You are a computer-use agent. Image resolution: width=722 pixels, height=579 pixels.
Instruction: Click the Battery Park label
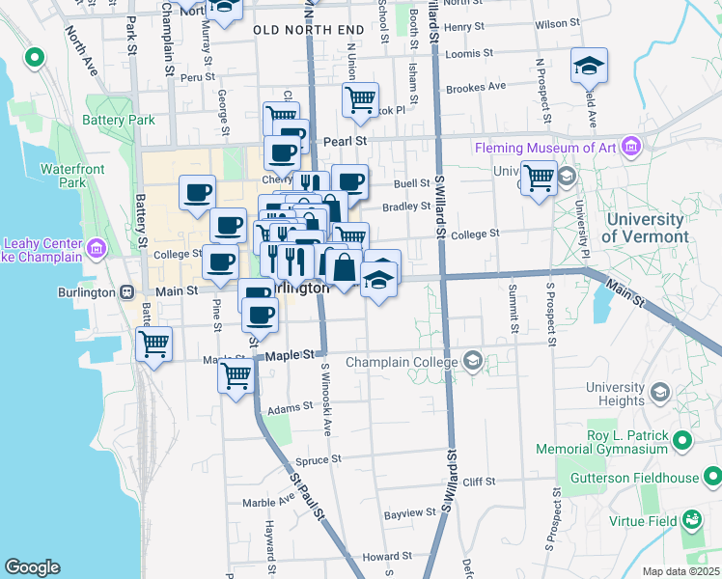pos(119,121)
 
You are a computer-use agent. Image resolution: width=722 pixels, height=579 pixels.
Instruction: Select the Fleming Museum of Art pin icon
pos(631,148)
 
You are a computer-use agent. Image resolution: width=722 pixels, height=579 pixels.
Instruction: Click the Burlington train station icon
pos(126,291)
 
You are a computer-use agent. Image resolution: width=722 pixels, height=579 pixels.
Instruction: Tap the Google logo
pos(32,567)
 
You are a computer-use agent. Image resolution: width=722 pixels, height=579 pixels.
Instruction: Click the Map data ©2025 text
pos(680,571)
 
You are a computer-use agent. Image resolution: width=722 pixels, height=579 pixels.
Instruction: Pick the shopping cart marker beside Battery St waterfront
pos(153,344)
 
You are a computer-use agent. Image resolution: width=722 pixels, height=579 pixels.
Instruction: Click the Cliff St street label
pos(478,481)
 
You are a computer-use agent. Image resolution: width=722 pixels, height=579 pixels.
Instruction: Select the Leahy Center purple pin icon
pos(96,249)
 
